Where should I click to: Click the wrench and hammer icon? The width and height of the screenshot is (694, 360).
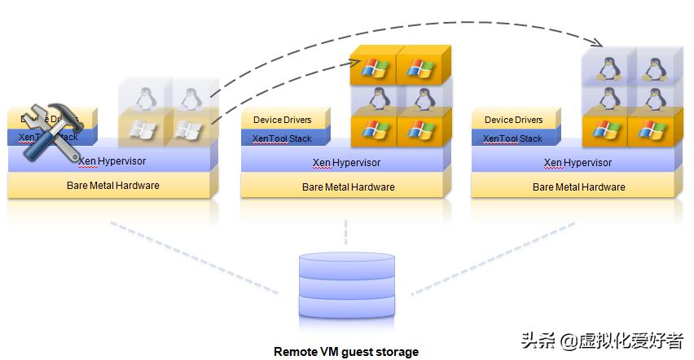(x=51, y=130)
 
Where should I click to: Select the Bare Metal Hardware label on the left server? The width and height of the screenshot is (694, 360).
(x=112, y=186)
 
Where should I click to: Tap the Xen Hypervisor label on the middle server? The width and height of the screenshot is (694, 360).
(x=346, y=162)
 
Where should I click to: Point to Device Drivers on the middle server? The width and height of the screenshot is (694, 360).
(x=282, y=121)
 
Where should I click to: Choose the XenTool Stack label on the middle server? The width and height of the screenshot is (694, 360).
(x=282, y=138)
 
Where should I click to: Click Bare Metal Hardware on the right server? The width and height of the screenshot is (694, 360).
(x=578, y=187)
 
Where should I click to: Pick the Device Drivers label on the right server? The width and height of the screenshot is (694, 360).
(x=513, y=121)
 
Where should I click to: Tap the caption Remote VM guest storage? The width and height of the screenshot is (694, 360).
(x=346, y=352)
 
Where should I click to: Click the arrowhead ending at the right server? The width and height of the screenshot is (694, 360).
(x=600, y=42)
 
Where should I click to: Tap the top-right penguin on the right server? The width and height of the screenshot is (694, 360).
(x=652, y=67)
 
